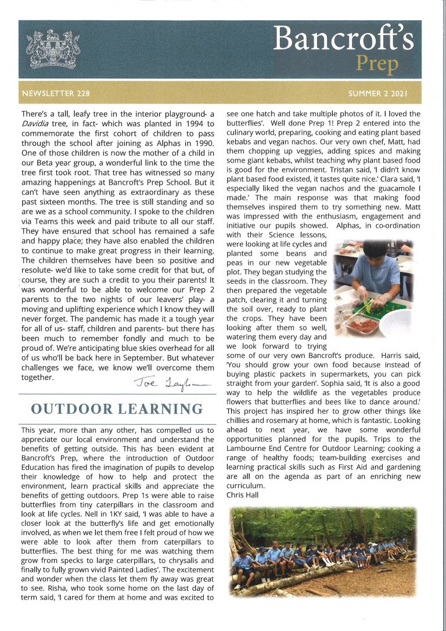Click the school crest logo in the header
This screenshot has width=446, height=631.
[53, 49]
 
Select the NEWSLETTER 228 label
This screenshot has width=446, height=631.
[56, 93]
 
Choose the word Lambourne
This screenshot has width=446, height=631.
[248, 448]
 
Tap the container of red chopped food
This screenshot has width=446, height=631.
[362, 324]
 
